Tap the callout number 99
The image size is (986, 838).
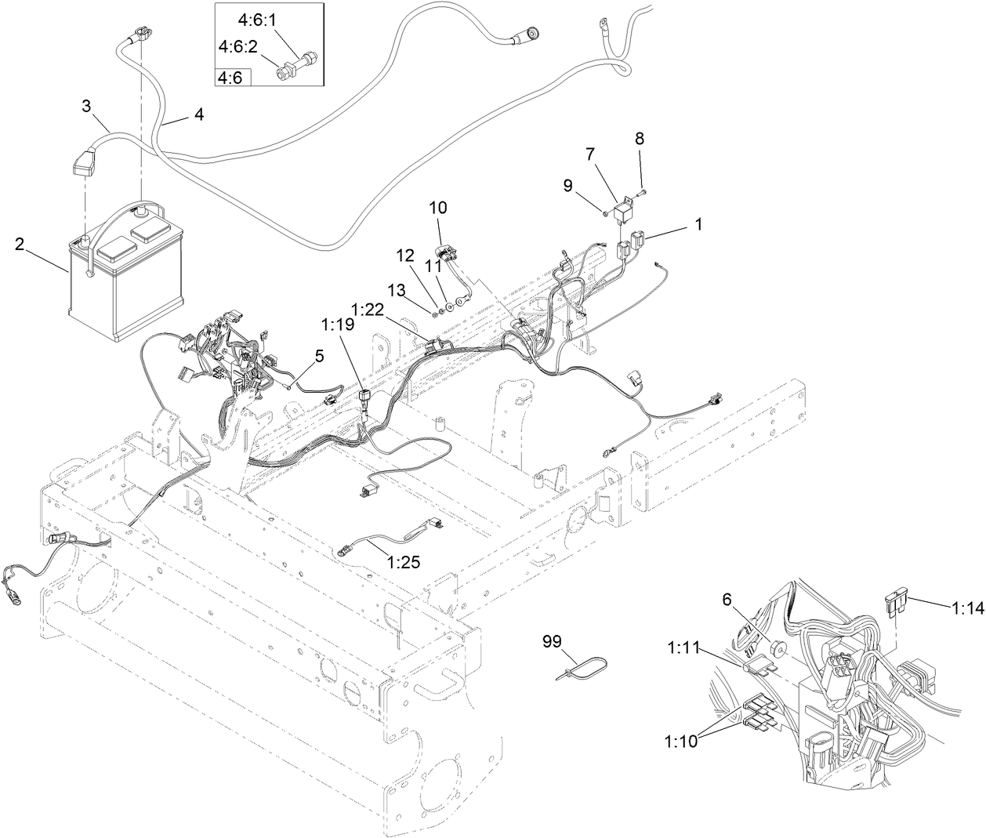click(x=553, y=642)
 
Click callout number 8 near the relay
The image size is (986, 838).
click(x=640, y=138)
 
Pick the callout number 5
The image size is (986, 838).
click(x=319, y=356)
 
